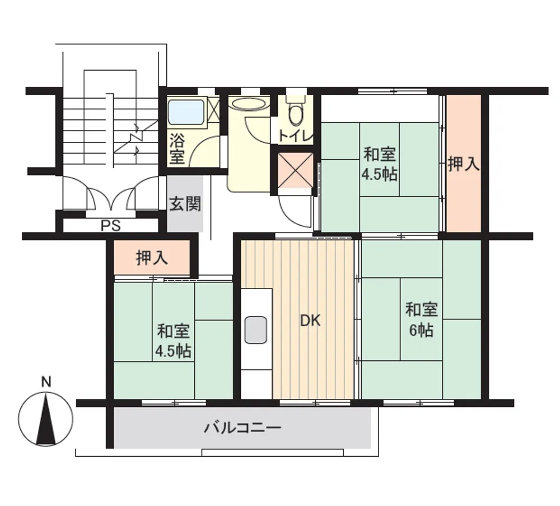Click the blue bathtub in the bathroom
click(x=186, y=112)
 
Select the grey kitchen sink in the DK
click(x=256, y=330)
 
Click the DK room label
click(x=310, y=321)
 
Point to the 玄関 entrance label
click(x=185, y=204)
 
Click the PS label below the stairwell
click(x=111, y=225)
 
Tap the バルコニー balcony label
click(x=243, y=428)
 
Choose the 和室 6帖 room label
click(x=422, y=320)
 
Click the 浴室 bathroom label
click(x=177, y=148)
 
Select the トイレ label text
click(x=296, y=136)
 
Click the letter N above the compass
click(x=46, y=382)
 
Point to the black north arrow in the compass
click(x=46, y=418)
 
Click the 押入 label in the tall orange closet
click(x=464, y=164)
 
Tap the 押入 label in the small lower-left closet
click(x=152, y=257)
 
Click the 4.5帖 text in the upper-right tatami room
click(x=379, y=175)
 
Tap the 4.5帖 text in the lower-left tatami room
click(x=173, y=351)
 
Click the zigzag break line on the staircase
click(x=136, y=138)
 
